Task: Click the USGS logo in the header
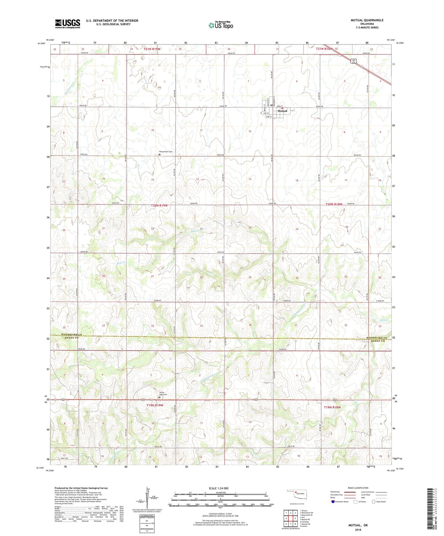tap(67, 24)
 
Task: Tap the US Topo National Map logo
tap(221, 25)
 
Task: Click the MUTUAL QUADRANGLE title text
tap(367, 20)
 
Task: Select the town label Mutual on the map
tap(282, 111)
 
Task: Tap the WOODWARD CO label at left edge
tap(71, 334)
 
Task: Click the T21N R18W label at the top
tap(324, 49)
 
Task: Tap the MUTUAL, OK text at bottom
tap(358, 525)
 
